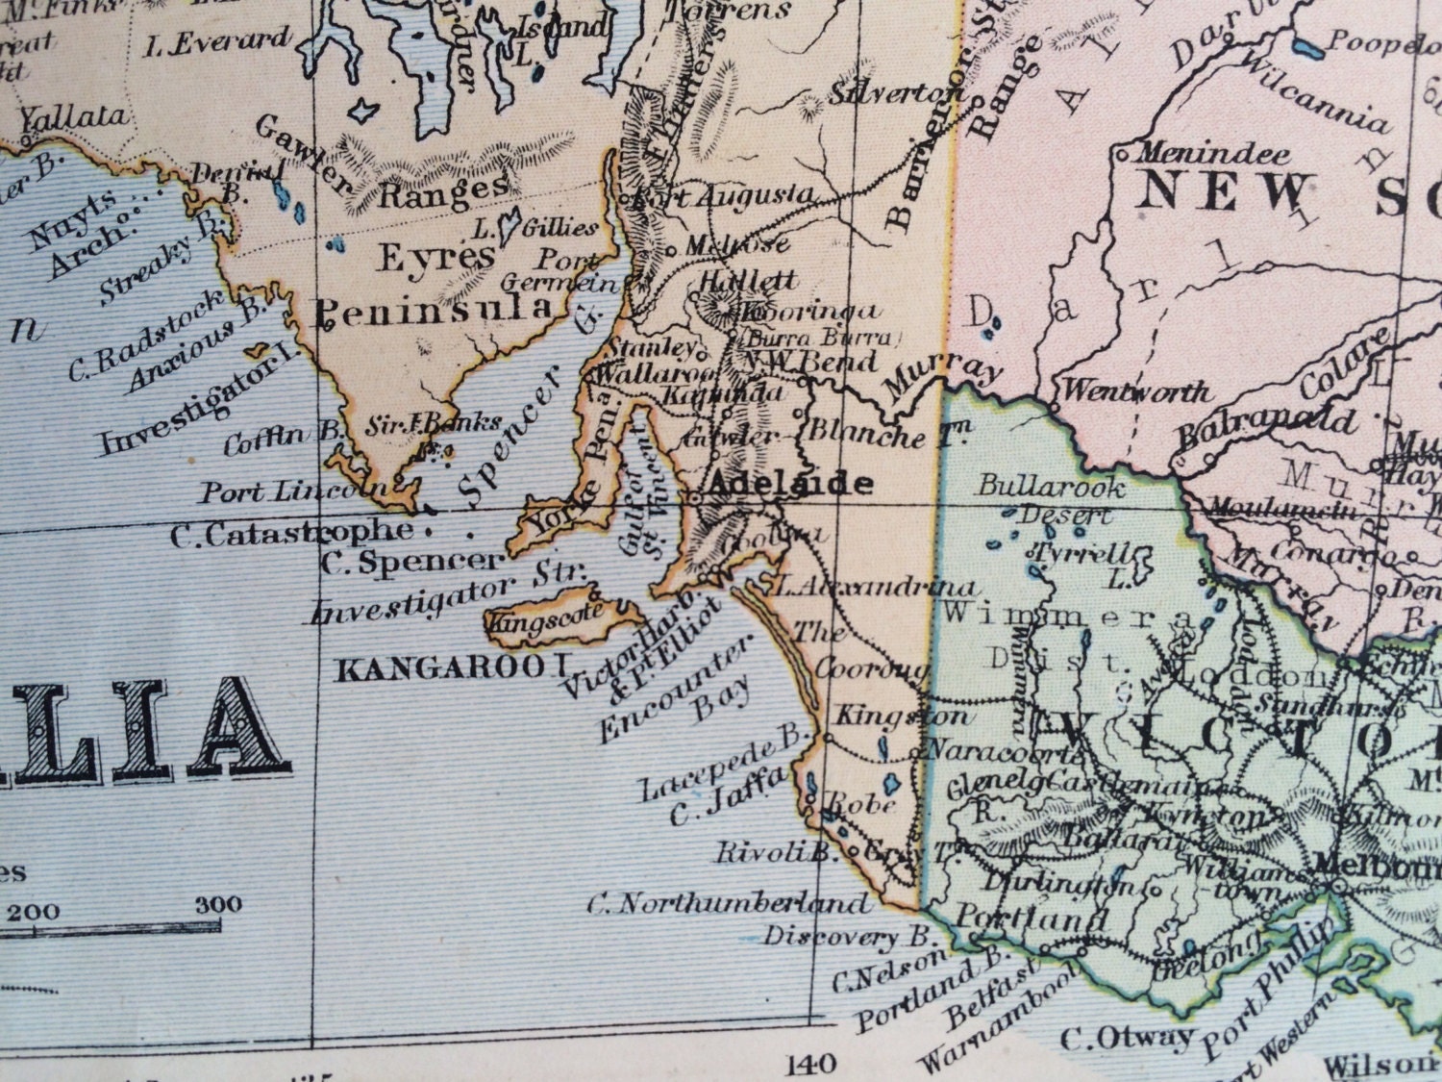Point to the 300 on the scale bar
219,905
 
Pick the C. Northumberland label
728,903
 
